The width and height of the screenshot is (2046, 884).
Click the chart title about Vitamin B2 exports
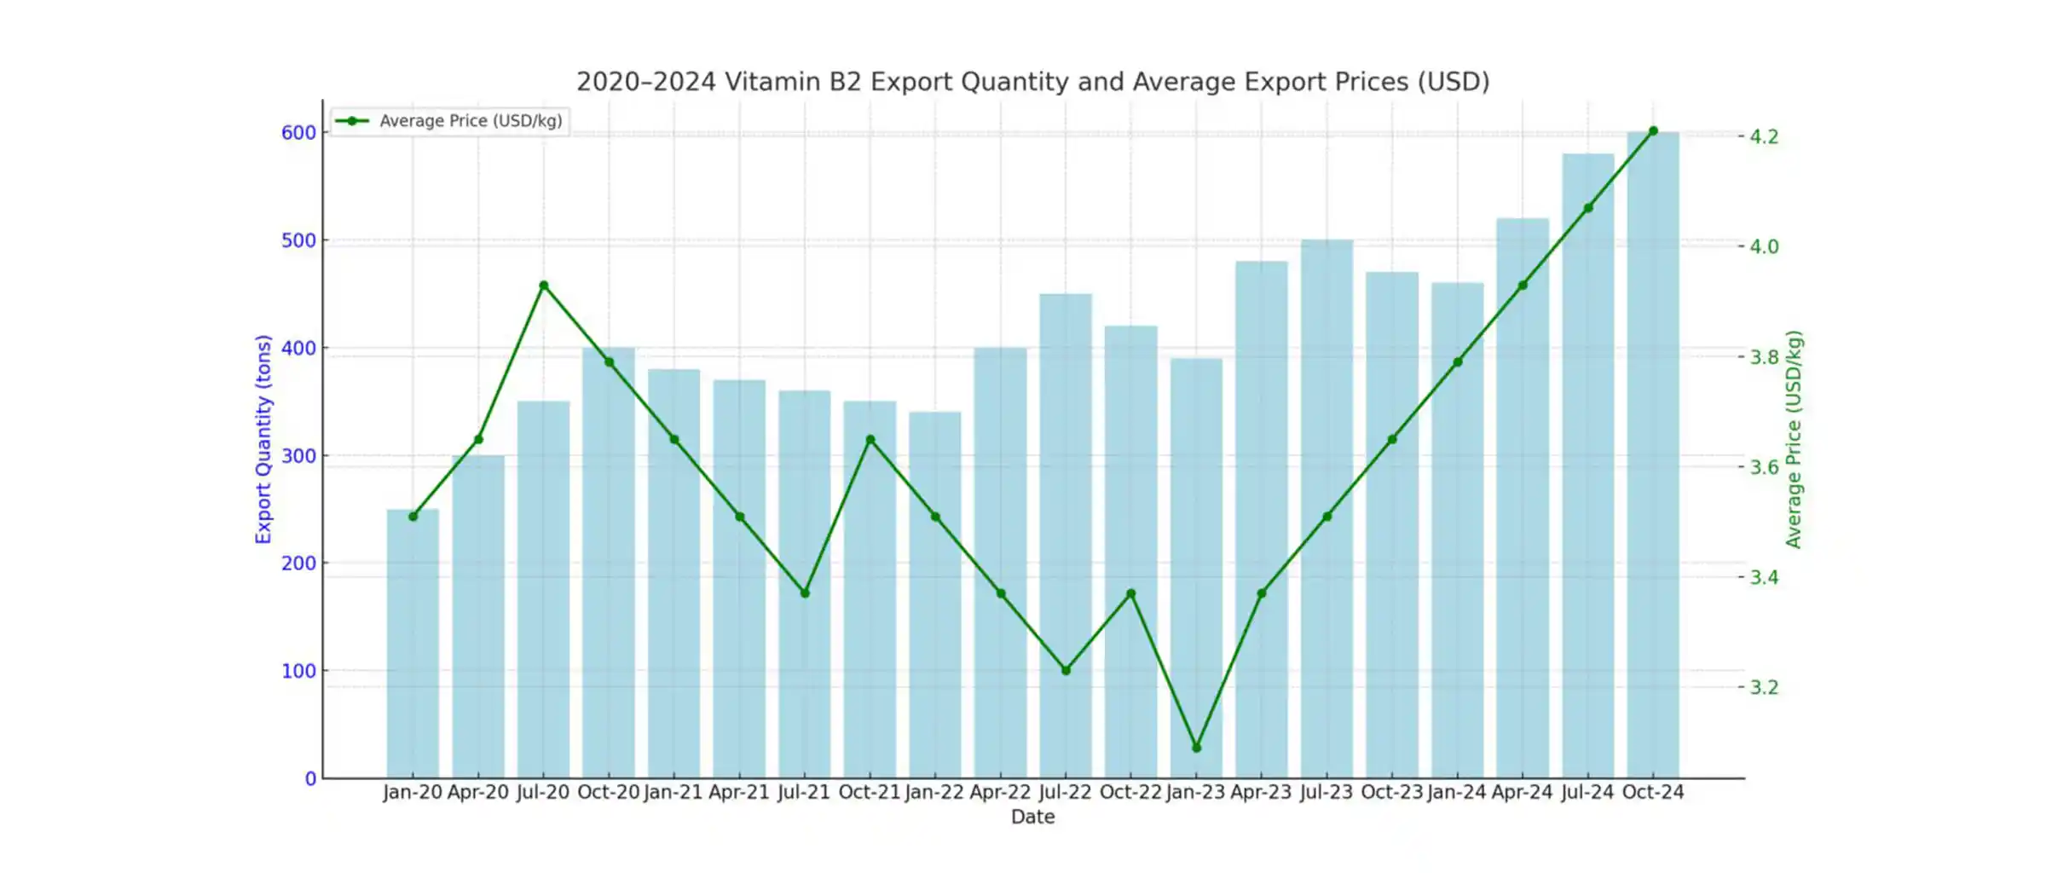click(x=1032, y=82)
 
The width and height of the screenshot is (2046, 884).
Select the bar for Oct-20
click(x=609, y=563)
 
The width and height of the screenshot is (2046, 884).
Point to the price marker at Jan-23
click(x=1196, y=748)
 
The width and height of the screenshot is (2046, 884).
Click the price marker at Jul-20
click(x=544, y=286)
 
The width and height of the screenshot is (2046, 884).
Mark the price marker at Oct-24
click(x=1653, y=131)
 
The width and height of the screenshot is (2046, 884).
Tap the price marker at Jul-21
click(x=805, y=593)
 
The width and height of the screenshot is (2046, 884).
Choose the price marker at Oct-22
click(x=1131, y=593)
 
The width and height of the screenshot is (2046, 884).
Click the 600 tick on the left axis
click(x=298, y=133)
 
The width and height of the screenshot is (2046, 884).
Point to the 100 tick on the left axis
click(x=298, y=671)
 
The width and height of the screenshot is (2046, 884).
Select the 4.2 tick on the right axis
click(x=1764, y=136)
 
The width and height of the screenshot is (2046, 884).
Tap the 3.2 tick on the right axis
click(x=1764, y=687)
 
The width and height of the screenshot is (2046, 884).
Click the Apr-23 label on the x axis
click(x=1261, y=792)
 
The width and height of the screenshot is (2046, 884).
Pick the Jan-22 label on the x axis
click(x=934, y=792)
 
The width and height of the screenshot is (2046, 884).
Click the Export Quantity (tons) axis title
click(x=263, y=439)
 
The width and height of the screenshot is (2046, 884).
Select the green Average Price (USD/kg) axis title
click(x=1794, y=439)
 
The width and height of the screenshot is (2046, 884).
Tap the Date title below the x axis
click(x=1032, y=817)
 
